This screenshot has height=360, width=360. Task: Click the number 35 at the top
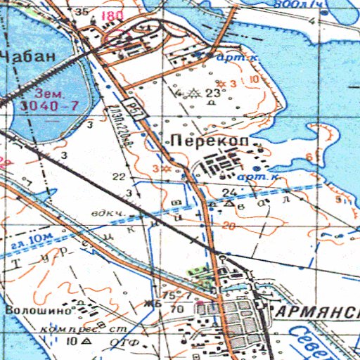(82, 12)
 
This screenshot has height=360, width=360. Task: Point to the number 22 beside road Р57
(119, 176)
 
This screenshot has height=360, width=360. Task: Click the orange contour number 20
(227, 226)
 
